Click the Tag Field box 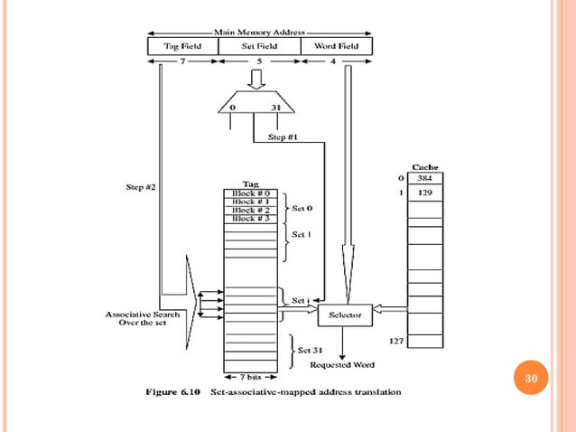point(181,46)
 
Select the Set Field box point(257,46)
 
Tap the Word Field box point(336,46)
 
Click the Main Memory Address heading point(259,33)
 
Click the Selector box point(344,315)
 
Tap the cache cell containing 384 point(424,178)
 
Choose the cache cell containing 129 point(424,193)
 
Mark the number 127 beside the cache point(395,342)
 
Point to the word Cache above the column point(425,166)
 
